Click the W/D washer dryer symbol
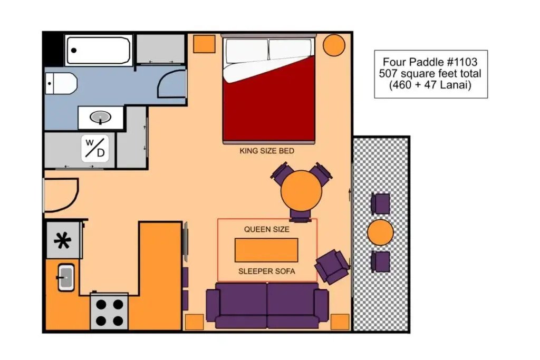tap(95, 148)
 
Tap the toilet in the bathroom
tap(61, 83)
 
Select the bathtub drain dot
tap(74, 50)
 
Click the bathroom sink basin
tap(101, 117)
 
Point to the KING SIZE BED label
tap(267, 151)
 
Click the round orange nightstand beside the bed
tap(334, 45)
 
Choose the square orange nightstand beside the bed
tap(204, 44)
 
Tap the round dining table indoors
tap(301, 191)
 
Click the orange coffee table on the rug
tap(266, 250)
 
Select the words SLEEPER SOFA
tap(267, 271)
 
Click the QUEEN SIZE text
tap(267, 229)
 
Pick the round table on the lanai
tap(380, 232)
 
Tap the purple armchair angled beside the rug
tap(332, 266)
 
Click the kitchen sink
tap(65, 277)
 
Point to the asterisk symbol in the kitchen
tap(63, 240)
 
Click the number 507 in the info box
tap(389, 73)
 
